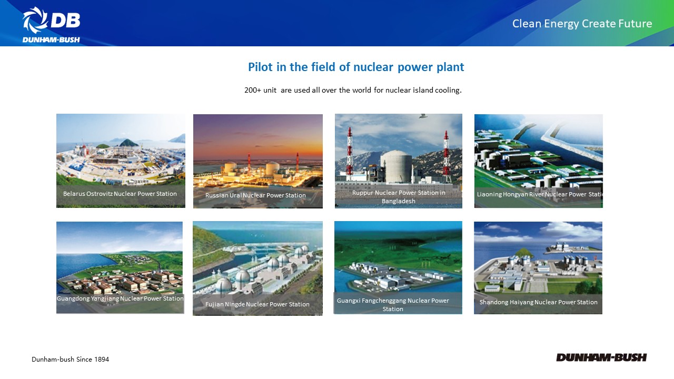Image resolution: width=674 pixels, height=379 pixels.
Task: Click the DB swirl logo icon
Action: pos(35,20)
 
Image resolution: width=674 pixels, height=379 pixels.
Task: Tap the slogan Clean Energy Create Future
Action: pos(582,24)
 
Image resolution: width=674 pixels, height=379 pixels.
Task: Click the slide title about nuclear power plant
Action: pos(356,67)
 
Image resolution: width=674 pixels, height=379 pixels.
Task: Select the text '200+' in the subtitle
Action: pos(253,90)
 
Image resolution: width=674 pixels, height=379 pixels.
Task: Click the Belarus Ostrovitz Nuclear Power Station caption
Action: pos(120,194)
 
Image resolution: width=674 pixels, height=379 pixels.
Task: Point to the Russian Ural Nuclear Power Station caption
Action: pos(255,195)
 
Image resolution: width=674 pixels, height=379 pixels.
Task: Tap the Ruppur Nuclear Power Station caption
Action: pos(399,197)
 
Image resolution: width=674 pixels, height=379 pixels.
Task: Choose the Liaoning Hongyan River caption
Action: pos(540,194)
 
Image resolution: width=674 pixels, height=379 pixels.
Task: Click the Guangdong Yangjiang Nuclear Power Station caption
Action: pos(120,298)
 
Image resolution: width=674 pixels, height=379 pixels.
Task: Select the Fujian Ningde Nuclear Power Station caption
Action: pos(257,304)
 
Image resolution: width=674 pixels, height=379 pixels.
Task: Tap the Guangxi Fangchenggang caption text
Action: pos(393,305)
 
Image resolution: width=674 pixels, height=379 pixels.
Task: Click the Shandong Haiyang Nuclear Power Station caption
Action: pos(538,302)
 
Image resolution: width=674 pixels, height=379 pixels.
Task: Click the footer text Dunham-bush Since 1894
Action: pos(70,359)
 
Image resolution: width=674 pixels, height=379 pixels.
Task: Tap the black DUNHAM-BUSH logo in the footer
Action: pos(601,357)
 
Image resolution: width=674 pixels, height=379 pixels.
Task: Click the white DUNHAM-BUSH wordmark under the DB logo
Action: pos(51,39)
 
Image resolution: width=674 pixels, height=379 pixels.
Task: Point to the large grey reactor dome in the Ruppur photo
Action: pos(396,166)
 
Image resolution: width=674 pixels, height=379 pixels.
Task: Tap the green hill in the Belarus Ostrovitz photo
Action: pos(129,142)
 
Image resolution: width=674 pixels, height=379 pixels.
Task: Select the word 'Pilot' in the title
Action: pos(261,67)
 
